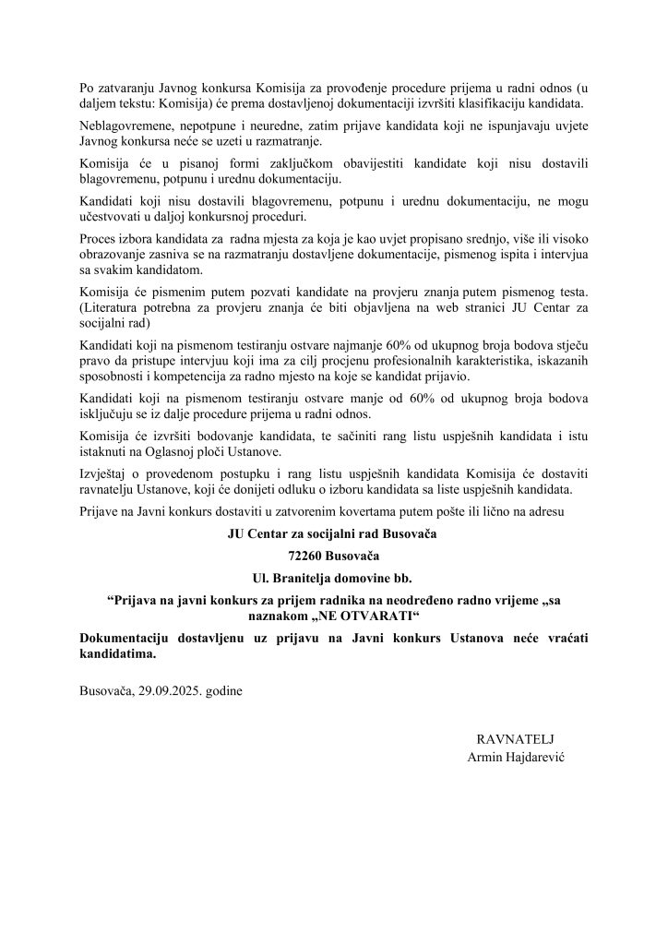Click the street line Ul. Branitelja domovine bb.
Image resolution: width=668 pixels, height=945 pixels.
(x=333, y=579)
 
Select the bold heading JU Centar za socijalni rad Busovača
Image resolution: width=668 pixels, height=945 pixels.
(x=333, y=534)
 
